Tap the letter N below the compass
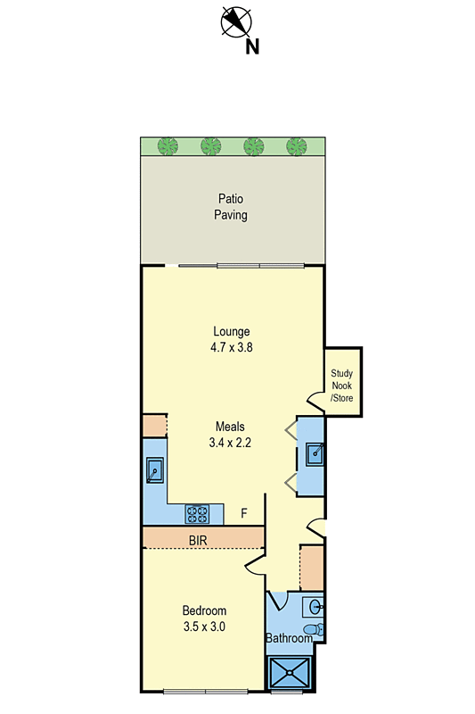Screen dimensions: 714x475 252,46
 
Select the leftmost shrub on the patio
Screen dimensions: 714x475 167,145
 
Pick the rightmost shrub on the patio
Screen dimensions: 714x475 296,145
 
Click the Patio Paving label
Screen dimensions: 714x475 230,207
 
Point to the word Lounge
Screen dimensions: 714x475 231,331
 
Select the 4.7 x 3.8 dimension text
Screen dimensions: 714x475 231,348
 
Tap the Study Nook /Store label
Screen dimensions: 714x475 342,386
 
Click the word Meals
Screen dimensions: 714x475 230,426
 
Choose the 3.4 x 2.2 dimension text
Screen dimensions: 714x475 230,442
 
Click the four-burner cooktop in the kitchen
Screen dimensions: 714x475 197,513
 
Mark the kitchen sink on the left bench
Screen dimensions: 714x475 154,469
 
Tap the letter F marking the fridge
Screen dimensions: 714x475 244,514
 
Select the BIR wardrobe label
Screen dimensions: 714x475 199,540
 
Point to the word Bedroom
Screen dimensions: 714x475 204,610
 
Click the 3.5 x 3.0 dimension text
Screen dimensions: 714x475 204,627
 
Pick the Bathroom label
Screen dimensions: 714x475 289,638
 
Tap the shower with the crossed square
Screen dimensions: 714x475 291,672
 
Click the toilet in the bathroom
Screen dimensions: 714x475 311,630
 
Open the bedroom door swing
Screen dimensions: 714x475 255,560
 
